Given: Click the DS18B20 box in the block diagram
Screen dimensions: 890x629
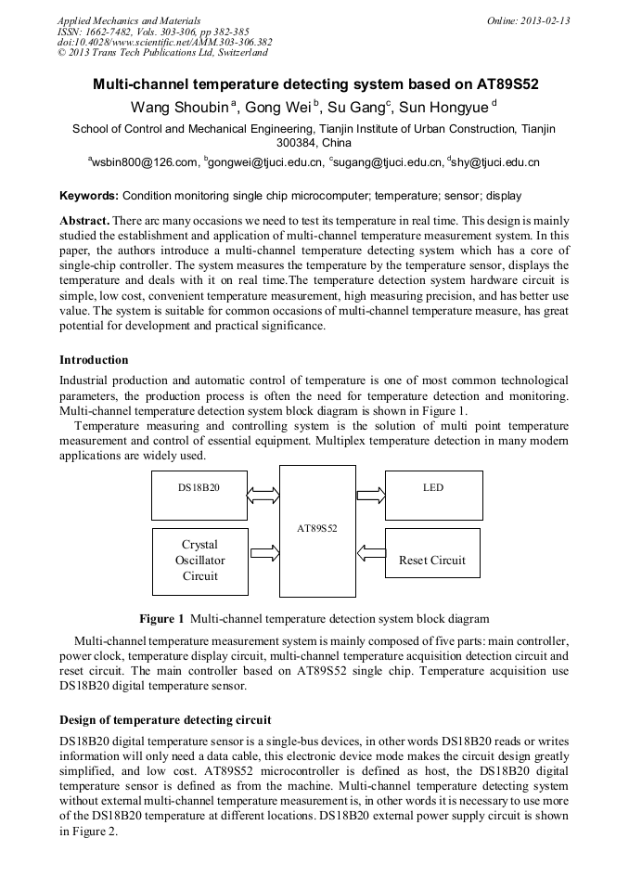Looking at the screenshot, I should click(x=199, y=495).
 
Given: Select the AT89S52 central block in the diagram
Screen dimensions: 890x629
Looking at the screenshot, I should click(x=317, y=530).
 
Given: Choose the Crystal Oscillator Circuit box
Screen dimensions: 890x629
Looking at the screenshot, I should click(x=199, y=561).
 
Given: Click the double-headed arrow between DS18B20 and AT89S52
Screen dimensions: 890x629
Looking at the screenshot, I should click(x=263, y=496).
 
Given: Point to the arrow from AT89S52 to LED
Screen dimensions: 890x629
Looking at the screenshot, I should click(x=370, y=495).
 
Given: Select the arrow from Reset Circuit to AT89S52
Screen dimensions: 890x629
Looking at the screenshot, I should click(x=370, y=553).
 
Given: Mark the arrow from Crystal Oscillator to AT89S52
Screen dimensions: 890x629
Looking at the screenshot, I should click(x=263, y=554).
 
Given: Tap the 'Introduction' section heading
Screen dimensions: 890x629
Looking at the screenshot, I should click(x=94, y=360).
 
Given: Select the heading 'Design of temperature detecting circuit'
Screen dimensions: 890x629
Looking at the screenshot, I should click(x=165, y=719).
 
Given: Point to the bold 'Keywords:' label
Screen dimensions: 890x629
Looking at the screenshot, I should click(x=89, y=196).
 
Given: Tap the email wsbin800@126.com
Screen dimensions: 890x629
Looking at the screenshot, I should click(x=146, y=162).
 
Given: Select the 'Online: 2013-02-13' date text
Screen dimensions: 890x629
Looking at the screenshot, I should click(x=528, y=20).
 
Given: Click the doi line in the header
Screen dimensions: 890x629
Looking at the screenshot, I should click(x=164, y=42).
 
